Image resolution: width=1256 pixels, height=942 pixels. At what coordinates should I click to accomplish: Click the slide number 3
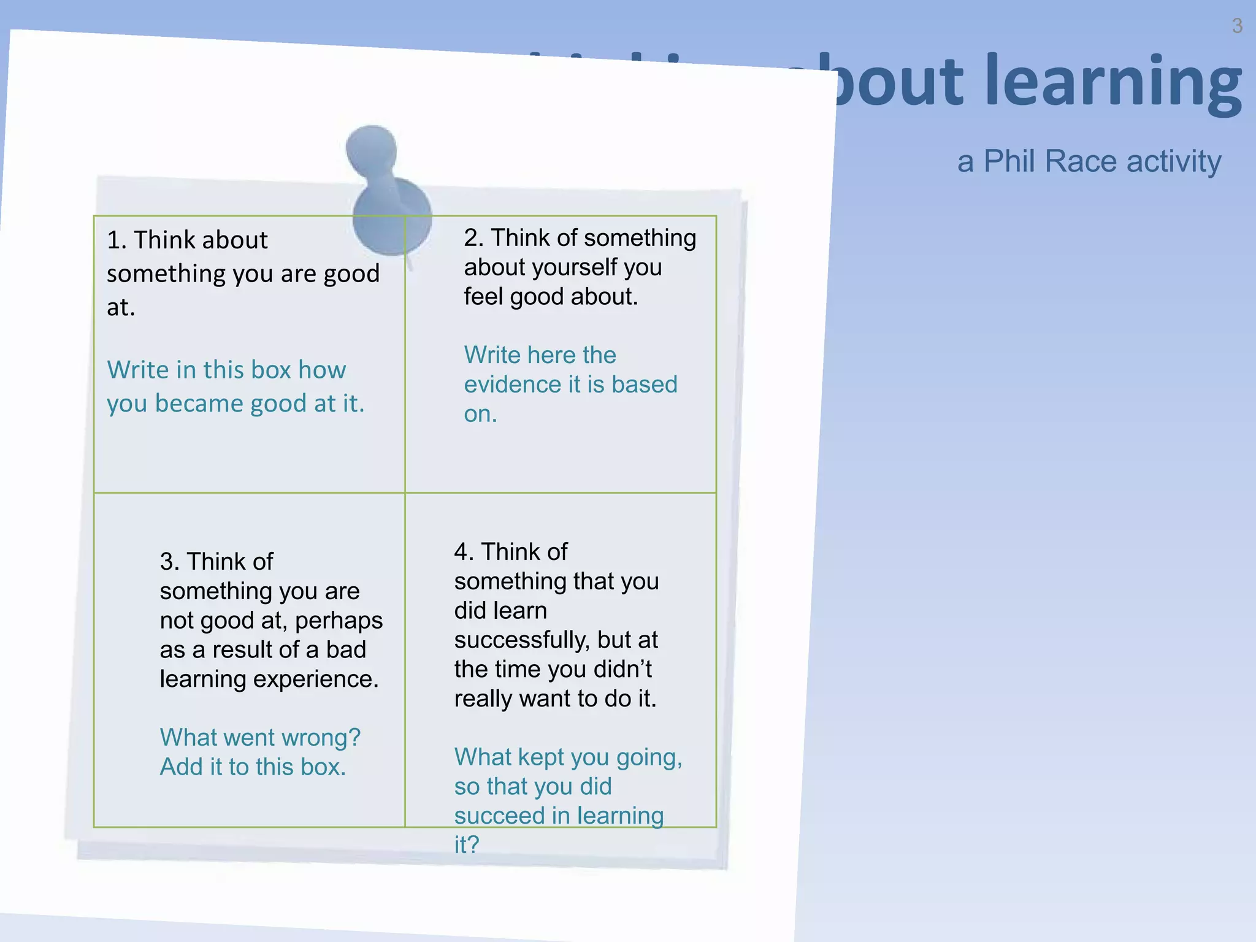[1237, 26]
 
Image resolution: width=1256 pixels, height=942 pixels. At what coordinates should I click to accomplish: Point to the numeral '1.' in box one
[117, 240]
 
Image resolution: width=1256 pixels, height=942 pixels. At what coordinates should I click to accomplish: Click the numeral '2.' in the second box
[473, 238]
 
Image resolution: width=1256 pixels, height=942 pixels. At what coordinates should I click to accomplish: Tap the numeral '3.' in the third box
[169, 562]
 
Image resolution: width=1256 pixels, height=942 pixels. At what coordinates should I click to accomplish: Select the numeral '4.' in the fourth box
[464, 552]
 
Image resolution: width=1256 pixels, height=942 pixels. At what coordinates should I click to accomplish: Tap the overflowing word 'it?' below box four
[466, 845]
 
